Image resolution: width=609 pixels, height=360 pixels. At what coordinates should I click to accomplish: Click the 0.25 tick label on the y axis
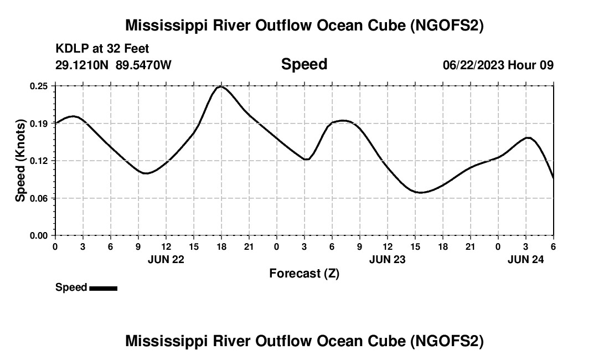click(x=39, y=86)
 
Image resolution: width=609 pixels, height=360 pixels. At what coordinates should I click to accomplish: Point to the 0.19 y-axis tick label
click(x=39, y=124)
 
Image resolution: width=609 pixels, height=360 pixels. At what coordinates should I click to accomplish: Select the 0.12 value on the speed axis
click(x=39, y=161)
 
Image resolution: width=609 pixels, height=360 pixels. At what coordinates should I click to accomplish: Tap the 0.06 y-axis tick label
click(x=39, y=198)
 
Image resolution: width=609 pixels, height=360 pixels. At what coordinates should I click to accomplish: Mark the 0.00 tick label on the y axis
click(x=39, y=235)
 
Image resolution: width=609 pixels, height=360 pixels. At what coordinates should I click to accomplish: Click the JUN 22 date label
click(x=166, y=259)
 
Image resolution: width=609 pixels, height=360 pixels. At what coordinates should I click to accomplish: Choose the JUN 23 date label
click(x=388, y=259)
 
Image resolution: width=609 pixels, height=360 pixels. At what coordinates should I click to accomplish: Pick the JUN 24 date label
click(x=526, y=259)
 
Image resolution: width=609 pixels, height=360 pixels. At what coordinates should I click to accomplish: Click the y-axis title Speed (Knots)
click(x=20, y=161)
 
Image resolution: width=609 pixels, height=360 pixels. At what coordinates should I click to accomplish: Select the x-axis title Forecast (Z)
click(x=304, y=273)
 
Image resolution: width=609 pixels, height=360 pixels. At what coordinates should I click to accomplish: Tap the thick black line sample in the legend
click(x=103, y=288)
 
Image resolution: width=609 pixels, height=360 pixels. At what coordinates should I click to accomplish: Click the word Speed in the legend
click(x=71, y=287)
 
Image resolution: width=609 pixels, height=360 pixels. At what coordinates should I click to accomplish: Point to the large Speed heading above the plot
click(x=304, y=64)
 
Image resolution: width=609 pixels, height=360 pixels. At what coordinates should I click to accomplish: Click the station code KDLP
click(x=71, y=49)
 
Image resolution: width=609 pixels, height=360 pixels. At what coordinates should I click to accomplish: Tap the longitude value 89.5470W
click(x=143, y=65)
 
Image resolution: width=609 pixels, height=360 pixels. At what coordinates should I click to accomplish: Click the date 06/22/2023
click(x=473, y=65)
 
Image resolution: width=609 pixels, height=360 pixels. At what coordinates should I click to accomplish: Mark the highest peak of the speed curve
click(x=221, y=86)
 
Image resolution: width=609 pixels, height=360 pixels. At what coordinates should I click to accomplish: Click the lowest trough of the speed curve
click(x=420, y=193)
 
